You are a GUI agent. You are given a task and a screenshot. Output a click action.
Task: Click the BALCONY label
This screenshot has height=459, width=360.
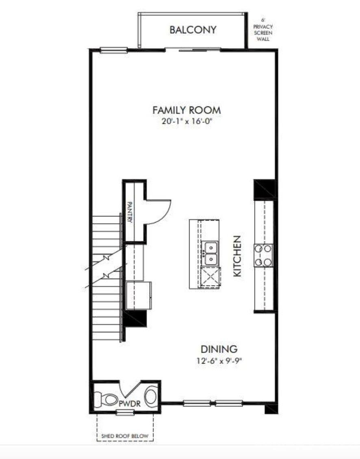(x=193, y=30)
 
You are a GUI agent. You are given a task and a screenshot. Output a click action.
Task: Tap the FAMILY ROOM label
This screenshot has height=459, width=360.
(x=187, y=110)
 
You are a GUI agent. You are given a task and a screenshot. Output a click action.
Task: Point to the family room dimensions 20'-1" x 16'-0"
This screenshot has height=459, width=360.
(x=187, y=122)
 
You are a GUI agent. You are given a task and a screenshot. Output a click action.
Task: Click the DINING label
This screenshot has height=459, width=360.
(x=219, y=349)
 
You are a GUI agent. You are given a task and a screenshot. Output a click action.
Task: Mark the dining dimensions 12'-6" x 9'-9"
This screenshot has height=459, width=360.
(x=219, y=360)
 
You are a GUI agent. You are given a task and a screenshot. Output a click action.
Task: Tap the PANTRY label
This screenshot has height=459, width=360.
(x=130, y=212)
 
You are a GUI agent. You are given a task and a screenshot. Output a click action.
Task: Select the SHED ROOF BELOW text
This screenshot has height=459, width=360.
(x=125, y=438)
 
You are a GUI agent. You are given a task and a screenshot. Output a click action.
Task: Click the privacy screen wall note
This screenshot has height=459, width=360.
(x=263, y=29)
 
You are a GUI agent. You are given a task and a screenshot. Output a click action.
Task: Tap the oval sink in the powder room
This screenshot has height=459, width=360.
(x=151, y=396)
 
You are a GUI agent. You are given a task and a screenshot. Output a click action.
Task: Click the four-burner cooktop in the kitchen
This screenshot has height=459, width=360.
(x=263, y=255)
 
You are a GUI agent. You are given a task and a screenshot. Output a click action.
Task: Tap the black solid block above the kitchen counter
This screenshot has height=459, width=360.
(x=265, y=189)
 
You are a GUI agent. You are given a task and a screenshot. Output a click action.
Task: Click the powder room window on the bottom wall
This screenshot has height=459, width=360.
(x=125, y=413)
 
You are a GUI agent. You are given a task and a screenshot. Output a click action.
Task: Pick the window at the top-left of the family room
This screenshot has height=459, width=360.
(x=114, y=50)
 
